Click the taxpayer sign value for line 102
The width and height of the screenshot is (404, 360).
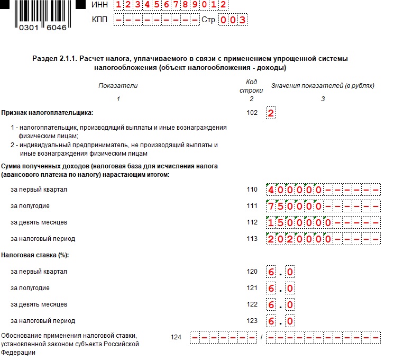(x=271, y=113)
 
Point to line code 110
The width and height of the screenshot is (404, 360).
(x=252, y=190)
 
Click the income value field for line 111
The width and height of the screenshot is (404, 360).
(x=323, y=206)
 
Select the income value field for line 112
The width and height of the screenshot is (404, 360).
(x=323, y=222)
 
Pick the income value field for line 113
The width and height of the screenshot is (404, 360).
(x=323, y=239)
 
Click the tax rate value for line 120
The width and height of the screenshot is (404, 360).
(x=280, y=272)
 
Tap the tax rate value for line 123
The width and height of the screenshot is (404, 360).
(x=280, y=321)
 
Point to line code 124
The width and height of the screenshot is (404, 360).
(x=177, y=336)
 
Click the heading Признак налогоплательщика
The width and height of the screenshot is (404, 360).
(x=47, y=113)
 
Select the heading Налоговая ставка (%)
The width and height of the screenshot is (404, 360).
(x=35, y=255)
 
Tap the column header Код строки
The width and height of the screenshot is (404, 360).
(x=251, y=86)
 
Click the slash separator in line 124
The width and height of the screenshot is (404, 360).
(x=261, y=337)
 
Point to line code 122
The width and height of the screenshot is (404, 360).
(x=252, y=304)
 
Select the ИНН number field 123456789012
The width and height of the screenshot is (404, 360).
(x=171, y=5)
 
